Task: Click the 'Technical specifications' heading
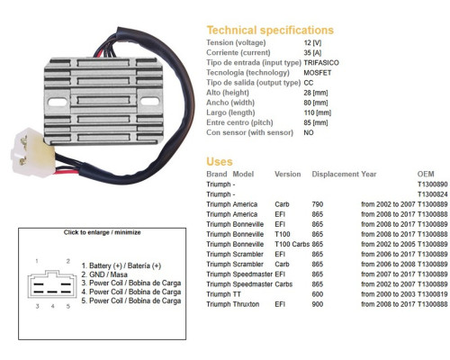coord(270,31)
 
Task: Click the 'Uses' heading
coord(220,162)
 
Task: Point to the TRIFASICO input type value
coord(321,63)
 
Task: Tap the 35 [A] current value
coord(312,53)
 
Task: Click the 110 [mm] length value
coord(318,112)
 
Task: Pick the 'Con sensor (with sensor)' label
coord(249,132)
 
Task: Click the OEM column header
coord(426,174)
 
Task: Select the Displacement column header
coord(336,174)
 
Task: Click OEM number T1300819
coord(432,294)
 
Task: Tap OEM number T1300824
coord(432,194)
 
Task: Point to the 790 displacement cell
coord(318,204)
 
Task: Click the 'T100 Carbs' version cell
coord(292,244)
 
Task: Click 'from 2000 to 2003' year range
coord(388,294)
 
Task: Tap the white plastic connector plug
coord(33,152)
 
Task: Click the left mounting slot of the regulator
coord(58,103)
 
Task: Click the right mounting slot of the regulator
coord(149,102)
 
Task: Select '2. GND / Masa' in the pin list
coord(104,274)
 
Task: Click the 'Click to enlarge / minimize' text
coord(102,232)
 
